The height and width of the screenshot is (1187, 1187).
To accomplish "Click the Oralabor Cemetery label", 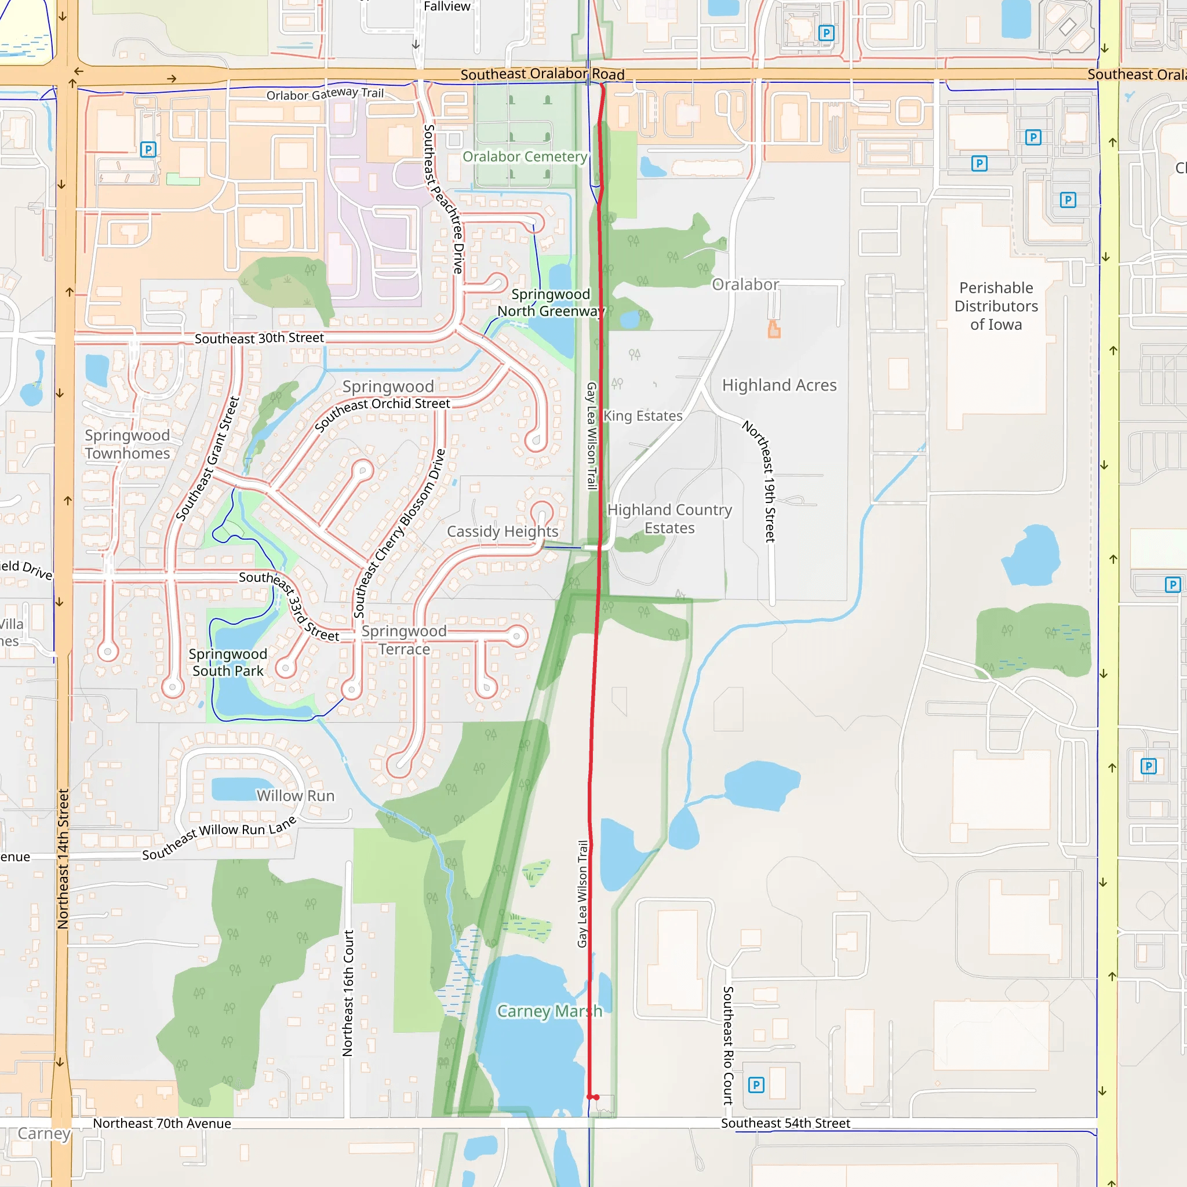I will [525, 156].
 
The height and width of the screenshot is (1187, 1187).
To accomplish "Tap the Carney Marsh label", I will [549, 1011].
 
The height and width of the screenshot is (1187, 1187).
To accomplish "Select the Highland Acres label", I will [779, 385].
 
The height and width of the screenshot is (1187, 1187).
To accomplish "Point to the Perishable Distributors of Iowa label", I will [996, 306].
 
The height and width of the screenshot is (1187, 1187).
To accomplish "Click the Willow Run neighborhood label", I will [296, 796].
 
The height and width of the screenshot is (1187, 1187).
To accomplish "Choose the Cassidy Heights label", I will [503, 531].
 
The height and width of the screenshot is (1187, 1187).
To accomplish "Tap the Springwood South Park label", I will [228, 662].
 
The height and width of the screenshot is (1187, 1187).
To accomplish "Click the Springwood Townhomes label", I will [127, 444].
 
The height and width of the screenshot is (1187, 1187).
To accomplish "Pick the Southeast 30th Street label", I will [259, 338].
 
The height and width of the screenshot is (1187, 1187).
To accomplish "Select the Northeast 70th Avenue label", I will [162, 1123].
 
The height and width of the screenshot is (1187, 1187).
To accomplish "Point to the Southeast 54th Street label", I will [785, 1123].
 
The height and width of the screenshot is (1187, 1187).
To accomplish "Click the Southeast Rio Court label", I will [728, 1045].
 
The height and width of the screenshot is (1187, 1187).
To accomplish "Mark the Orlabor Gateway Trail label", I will [325, 94].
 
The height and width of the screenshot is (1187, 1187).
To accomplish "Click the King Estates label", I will [643, 416].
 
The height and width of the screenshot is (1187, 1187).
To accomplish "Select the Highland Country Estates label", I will [669, 519].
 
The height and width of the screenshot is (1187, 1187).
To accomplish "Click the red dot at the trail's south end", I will [596, 1097].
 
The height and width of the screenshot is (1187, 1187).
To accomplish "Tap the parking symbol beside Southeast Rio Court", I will [756, 1085].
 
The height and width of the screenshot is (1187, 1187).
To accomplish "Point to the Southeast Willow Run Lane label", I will [219, 837].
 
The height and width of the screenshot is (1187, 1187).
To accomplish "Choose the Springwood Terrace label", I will [403, 640].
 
